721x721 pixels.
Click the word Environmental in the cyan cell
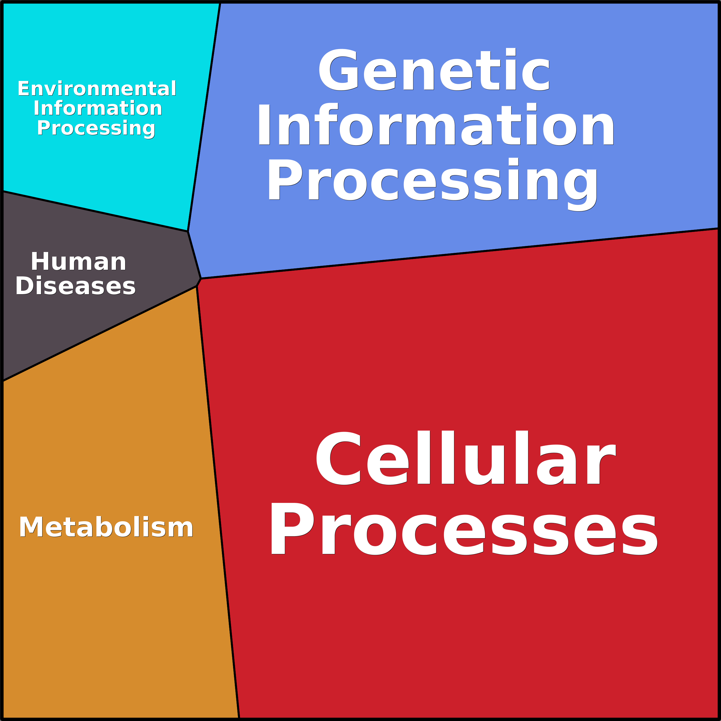click(97, 89)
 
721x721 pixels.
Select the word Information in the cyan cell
click(98, 108)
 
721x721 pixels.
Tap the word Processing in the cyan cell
click(96, 128)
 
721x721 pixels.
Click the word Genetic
click(434, 70)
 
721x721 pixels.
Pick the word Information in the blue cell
click(435, 125)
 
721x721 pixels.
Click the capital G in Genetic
click(338, 70)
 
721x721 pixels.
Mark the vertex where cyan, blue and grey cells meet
click(188, 231)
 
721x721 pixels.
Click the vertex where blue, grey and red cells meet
click(201, 278)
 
